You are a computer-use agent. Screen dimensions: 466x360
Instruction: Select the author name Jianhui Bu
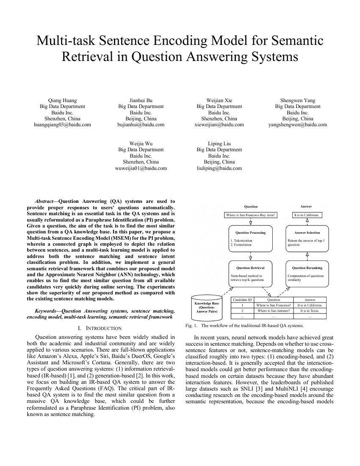141,101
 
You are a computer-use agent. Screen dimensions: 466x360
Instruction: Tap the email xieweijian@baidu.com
219,125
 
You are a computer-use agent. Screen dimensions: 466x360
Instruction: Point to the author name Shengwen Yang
298,101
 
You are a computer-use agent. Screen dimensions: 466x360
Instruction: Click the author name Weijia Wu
141,144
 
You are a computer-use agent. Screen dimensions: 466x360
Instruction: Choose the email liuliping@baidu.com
219,168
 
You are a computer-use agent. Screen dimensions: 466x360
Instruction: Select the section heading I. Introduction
100,328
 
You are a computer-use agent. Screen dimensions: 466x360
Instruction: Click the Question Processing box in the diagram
251,239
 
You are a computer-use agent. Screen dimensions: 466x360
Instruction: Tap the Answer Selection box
307,239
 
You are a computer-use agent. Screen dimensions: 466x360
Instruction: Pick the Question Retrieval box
251,274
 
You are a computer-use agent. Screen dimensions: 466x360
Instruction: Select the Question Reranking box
307,274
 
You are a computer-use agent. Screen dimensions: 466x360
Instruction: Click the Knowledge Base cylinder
206,307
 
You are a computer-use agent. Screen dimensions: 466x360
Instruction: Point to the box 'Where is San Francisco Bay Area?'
251,215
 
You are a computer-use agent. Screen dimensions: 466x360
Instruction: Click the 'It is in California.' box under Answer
307,215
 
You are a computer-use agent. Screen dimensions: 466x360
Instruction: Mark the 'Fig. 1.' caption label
192,326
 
